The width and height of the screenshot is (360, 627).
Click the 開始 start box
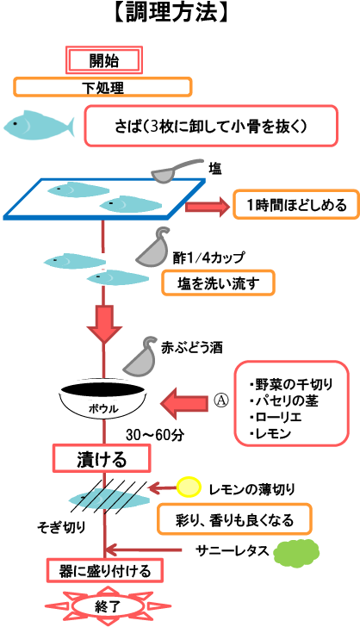tap(104, 60)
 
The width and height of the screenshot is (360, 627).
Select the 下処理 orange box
tap(102, 87)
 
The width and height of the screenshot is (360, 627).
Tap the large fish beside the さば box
tap(39, 125)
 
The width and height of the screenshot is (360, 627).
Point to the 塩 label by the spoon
tap(214, 169)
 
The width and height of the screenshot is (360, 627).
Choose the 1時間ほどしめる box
tap(296, 204)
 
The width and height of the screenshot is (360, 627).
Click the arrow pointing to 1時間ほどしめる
tap(208, 207)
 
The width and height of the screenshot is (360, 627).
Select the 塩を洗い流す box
tap(218, 283)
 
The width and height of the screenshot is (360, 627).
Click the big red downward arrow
tap(104, 324)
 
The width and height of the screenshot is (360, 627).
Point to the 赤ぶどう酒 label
tap(191, 347)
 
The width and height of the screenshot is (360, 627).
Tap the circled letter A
tap(221, 400)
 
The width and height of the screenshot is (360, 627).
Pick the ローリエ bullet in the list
tap(275, 417)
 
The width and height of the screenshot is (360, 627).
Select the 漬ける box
tap(102, 459)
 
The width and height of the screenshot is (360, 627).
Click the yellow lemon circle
tap(189, 487)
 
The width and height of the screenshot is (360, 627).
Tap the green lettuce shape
tap(296, 552)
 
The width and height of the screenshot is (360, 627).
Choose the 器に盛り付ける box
tap(105, 571)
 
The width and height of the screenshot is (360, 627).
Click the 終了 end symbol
tap(107, 606)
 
